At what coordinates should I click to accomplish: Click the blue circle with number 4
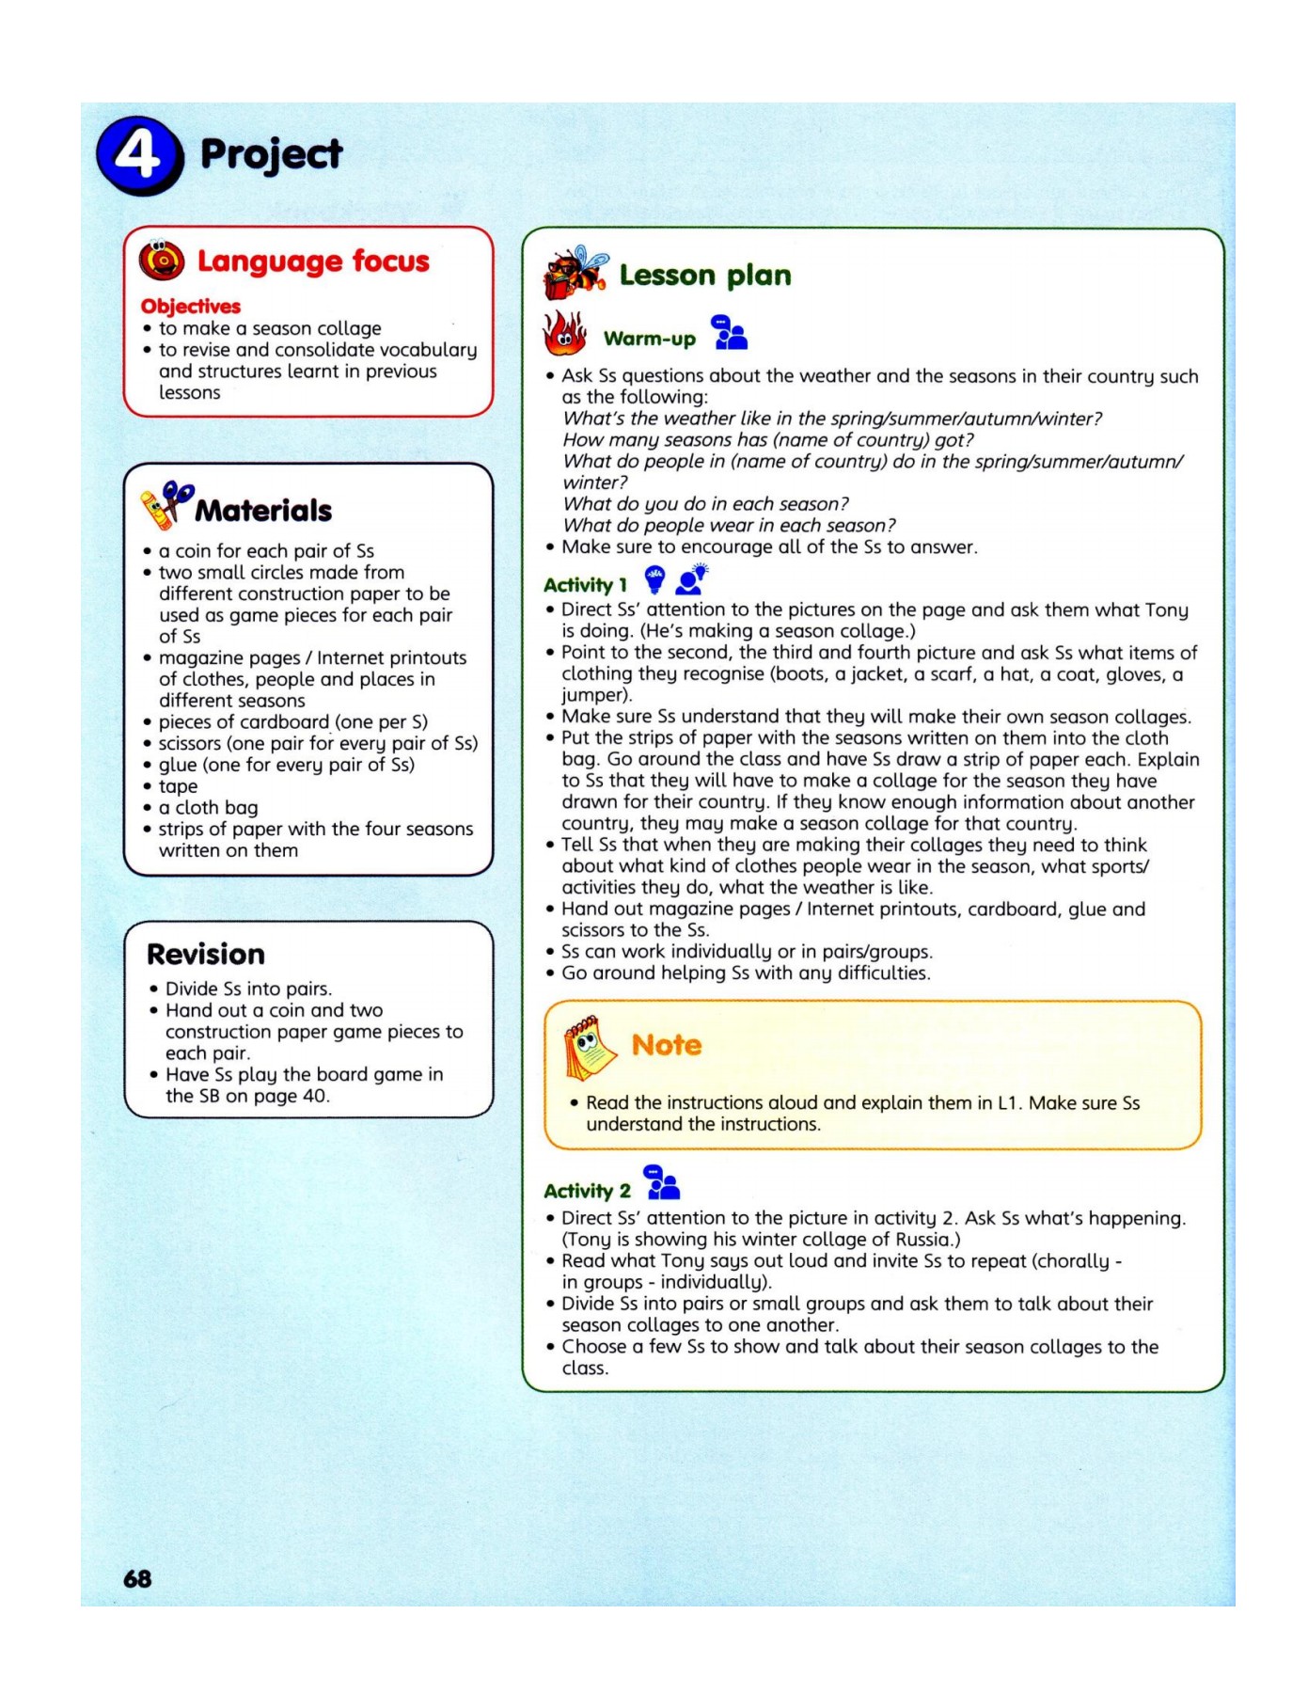point(139,155)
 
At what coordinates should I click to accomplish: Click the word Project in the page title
point(271,155)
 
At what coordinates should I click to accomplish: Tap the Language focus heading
point(312,261)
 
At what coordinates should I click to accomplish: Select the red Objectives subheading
point(191,306)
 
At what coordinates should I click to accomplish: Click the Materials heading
point(263,510)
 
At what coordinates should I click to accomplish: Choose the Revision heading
point(206,954)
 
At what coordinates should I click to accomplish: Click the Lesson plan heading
point(704,275)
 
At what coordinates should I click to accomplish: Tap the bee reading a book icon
point(575,272)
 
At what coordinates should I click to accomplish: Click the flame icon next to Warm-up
point(564,334)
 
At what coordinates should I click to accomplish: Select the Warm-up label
point(649,339)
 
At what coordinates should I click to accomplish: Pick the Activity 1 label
point(585,584)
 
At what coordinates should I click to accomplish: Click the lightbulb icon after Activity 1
point(654,579)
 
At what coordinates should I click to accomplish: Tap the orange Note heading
point(666,1044)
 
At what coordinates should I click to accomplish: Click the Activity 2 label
point(587,1191)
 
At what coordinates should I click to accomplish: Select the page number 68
point(137,1578)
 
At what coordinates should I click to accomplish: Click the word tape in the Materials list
point(178,786)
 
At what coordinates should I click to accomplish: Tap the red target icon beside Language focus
point(162,260)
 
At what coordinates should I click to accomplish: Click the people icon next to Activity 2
point(662,1182)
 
